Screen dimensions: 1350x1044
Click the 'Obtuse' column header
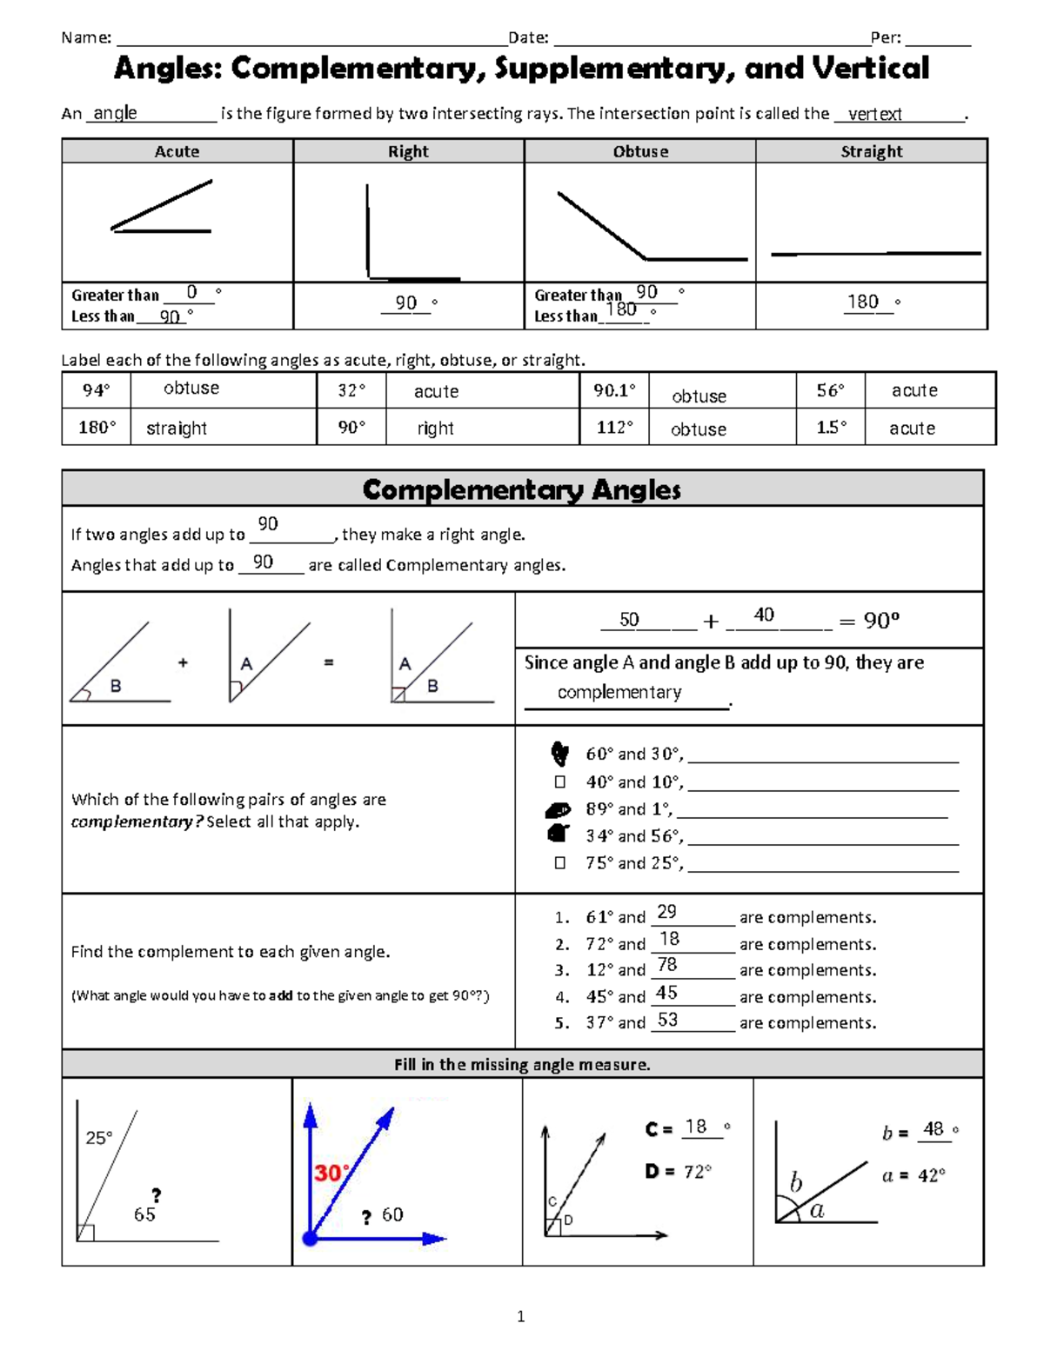(640, 151)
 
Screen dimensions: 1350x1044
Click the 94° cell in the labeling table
(96, 390)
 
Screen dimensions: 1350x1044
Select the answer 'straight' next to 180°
(177, 428)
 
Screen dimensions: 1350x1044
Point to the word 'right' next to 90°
(435, 428)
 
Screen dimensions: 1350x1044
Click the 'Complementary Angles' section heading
(522, 489)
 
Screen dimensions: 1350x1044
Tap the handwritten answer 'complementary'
(619, 692)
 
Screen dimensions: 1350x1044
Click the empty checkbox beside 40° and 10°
(560, 782)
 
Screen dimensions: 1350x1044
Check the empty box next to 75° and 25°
(560, 863)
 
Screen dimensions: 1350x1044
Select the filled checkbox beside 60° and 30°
(559, 753)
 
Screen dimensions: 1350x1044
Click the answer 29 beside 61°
(666, 912)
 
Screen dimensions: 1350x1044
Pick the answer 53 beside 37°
(667, 1020)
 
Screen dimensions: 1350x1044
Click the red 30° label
(331, 1174)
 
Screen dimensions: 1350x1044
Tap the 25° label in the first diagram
(98, 1138)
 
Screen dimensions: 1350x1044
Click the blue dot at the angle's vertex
(310, 1238)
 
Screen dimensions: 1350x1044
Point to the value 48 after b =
(934, 1128)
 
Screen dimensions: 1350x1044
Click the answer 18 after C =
(695, 1127)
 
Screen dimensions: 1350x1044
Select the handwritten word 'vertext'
(874, 114)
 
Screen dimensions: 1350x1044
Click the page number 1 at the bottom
(520, 1316)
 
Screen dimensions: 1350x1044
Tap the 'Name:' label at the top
(86, 37)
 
